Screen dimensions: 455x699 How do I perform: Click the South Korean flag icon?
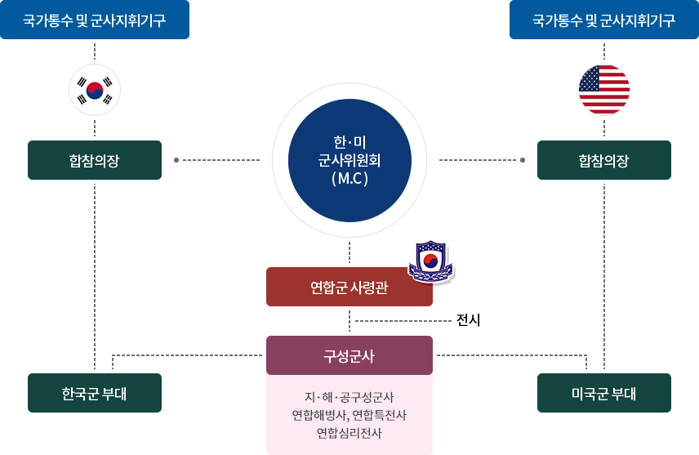coord(95,90)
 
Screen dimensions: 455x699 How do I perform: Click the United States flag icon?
coord(604,90)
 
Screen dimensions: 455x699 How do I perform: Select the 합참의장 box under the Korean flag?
coord(95,160)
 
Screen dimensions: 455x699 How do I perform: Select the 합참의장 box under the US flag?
coord(604,160)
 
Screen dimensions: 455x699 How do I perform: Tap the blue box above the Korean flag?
coord(95,20)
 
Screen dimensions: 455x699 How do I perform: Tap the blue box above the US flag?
coord(604,20)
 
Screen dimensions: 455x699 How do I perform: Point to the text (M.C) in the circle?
coord(349,176)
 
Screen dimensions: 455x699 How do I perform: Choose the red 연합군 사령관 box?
coord(349,287)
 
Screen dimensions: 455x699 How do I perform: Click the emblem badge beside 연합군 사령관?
coord(430,262)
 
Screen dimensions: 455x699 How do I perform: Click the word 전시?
coord(469,321)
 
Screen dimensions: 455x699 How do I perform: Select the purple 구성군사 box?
coord(349,355)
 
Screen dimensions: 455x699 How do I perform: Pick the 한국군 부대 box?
coord(95,393)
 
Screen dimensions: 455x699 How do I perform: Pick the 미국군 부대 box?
coord(604,393)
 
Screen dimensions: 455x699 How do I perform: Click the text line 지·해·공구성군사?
coord(349,397)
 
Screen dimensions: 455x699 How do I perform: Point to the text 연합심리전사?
coord(349,433)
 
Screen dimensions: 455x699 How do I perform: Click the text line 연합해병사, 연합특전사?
coord(349,415)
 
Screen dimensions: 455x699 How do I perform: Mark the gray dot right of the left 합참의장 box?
coord(176,160)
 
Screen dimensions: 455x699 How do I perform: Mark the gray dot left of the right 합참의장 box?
coord(524,160)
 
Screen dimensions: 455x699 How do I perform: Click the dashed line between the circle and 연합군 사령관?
coord(349,253)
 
